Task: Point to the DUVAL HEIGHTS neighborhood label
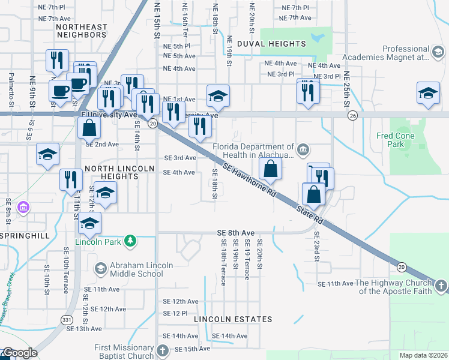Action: [x=271, y=44]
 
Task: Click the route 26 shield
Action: [x=352, y=115]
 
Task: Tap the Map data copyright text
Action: [x=423, y=355]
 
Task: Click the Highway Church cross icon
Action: [x=440, y=287]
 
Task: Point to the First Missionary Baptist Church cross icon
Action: [x=162, y=352]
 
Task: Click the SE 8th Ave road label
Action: [x=236, y=232]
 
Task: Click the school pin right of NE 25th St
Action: [x=428, y=94]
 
